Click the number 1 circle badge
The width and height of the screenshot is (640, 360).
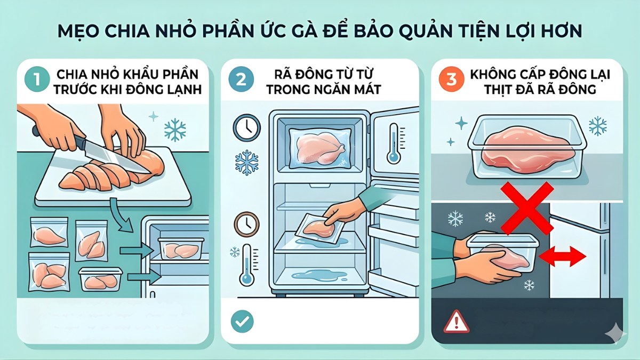36,81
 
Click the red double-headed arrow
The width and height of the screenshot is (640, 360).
563,257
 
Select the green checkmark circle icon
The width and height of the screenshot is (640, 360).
242,322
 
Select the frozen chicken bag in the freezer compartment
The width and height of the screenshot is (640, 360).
319,146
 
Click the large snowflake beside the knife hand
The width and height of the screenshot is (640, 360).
174,130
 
